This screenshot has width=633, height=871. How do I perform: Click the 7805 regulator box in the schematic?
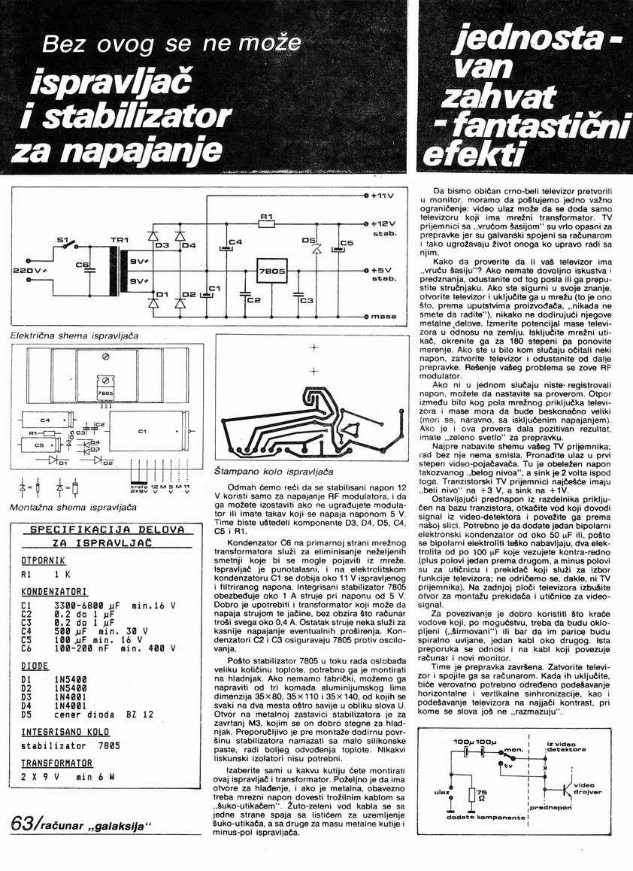click(x=270, y=270)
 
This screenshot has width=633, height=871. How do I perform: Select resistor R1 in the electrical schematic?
click(x=265, y=223)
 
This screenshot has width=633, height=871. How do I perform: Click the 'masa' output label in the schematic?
click(x=383, y=317)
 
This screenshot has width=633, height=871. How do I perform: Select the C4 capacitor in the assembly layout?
click(x=44, y=419)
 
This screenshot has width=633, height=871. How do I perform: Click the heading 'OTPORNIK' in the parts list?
click(x=44, y=560)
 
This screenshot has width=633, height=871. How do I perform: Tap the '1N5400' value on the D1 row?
click(x=71, y=679)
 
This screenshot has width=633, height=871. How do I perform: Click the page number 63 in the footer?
click(x=22, y=824)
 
